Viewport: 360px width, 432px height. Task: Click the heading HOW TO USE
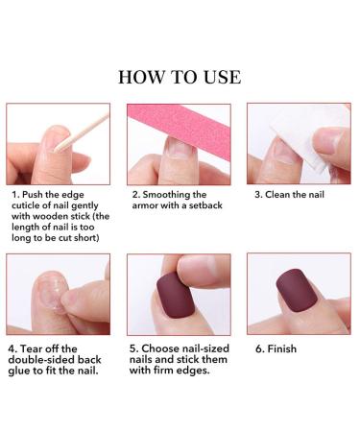(180, 77)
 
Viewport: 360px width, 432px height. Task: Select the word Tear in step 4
(37, 352)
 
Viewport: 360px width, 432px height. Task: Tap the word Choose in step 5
(166, 352)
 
